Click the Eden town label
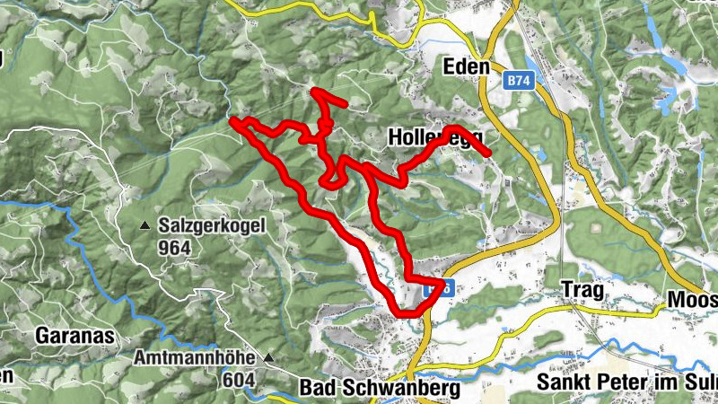pyautogui.click(x=467, y=66)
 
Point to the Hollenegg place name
pyautogui.click(x=435, y=137)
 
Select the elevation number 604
pyautogui.click(x=238, y=379)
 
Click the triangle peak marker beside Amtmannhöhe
pyautogui.click(x=268, y=358)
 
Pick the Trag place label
pyautogui.click(x=579, y=289)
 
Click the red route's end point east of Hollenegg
pyautogui.click(x=488, y=154)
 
